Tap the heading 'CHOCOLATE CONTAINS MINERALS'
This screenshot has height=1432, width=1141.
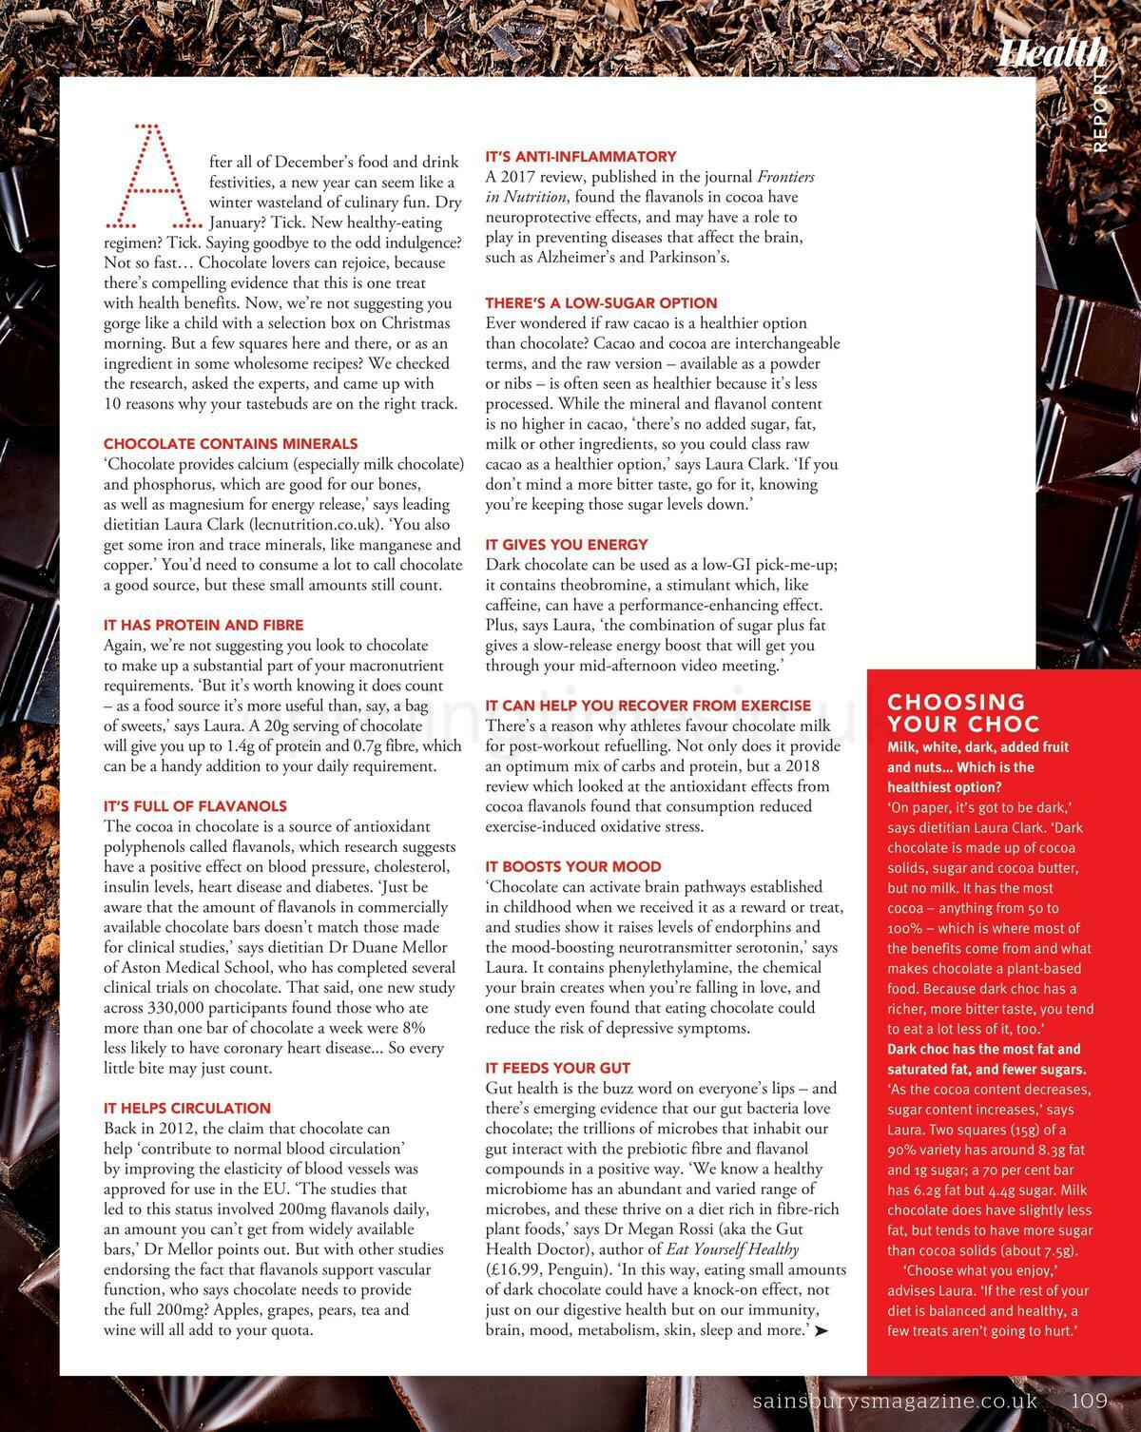pos(230,444)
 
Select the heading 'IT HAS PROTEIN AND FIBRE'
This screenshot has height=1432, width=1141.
pos(203,625)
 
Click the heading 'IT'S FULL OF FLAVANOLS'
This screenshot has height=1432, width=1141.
pos(195,806)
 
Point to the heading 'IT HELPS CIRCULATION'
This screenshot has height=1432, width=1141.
pos(187,1108)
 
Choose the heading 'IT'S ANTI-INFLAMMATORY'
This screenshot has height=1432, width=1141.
pos(581,156)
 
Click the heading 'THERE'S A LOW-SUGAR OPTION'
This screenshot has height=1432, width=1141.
pos(601,303)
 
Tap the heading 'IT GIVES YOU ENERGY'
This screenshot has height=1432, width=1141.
pos(567,545)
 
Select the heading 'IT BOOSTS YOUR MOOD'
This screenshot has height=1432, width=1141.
pos(573,866)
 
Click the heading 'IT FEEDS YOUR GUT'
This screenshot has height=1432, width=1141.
pos(558,1068)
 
